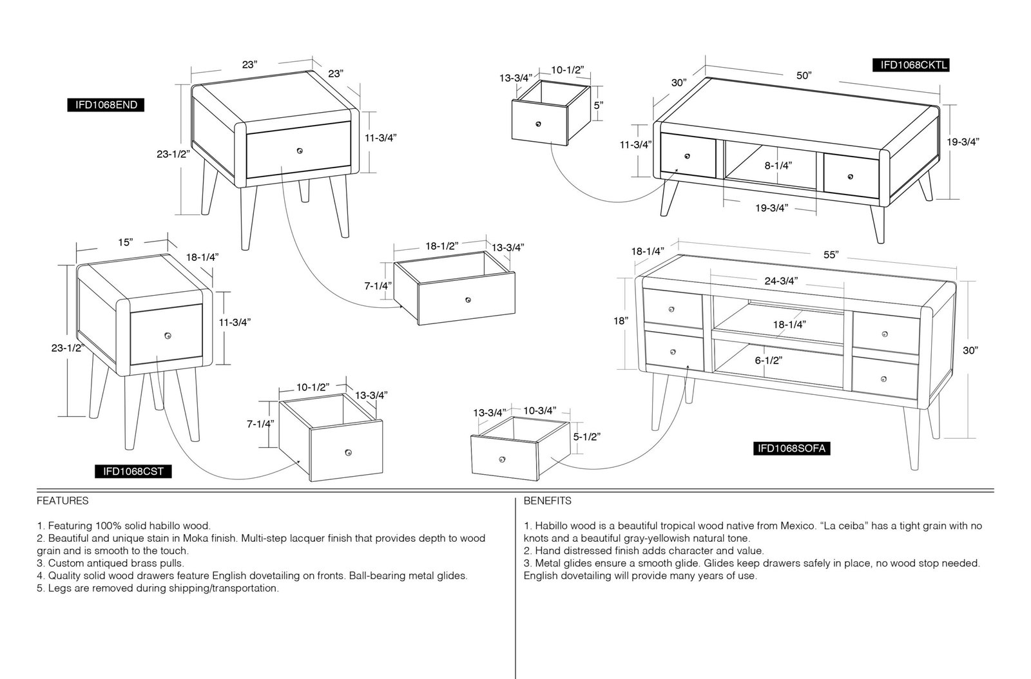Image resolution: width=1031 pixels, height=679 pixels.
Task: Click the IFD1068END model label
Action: (106, 105)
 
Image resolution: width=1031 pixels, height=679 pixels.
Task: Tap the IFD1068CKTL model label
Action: (911, 65)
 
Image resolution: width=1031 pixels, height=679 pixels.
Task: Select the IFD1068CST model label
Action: (133, 472)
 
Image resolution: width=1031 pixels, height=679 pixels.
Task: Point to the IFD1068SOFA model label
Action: (792, 448)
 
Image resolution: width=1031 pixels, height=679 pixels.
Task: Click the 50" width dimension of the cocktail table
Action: (804, 75)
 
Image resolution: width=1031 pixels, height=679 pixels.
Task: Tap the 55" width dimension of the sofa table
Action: (831, 255)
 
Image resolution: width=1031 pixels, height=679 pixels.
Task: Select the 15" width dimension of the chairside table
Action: (125, 242)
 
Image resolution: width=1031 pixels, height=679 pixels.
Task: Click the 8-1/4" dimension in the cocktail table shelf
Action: (778, 166)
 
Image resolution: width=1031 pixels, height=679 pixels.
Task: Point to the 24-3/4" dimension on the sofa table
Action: (781, 281)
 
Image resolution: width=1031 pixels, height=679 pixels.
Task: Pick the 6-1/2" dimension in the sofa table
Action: (768, 361)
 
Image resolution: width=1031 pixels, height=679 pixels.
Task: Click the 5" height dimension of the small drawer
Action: (599, 106)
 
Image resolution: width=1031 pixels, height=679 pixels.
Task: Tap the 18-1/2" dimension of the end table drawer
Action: (442, 246)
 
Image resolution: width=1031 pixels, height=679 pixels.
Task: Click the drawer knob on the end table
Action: (300, 151)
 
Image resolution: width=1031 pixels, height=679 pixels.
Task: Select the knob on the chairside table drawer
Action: (168, 336)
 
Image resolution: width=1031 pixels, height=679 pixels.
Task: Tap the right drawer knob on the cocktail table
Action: (850, 177)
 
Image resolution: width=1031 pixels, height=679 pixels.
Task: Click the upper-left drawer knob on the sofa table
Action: (671, 309)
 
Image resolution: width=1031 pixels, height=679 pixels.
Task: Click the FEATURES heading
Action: (63, 501)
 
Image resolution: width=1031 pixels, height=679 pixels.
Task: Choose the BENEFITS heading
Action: (547, 501)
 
